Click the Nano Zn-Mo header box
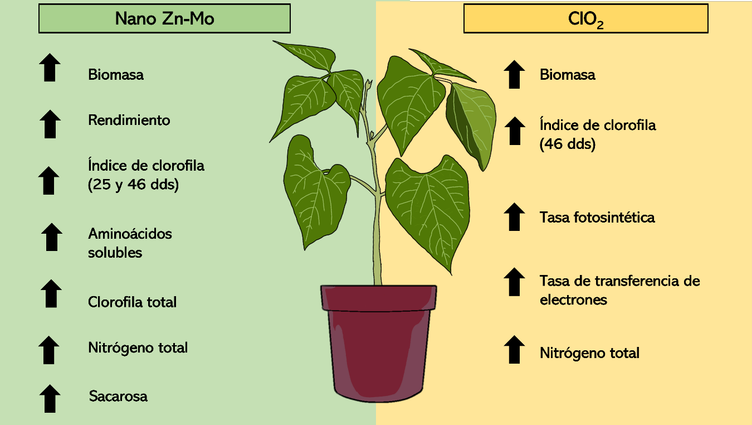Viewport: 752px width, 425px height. point(164,18)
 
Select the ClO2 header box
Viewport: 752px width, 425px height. point(586,18)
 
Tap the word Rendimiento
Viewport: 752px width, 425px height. point(129,120)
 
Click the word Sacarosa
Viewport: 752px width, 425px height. point(118,397)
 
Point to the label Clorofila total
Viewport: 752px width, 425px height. point(132,302)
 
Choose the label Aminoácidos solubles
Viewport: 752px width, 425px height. point(130,243)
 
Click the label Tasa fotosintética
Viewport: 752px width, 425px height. point(597,217)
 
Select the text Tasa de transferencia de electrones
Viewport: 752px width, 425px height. point(620,290)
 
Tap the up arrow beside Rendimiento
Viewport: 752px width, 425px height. point(50,124)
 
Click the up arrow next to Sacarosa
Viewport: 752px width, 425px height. point(50,398)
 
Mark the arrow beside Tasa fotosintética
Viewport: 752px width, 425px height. point(514,217)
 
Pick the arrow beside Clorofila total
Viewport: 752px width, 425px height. point(51,293)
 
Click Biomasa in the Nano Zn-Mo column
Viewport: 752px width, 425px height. point(116,75)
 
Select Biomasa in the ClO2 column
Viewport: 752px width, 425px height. point(568,75)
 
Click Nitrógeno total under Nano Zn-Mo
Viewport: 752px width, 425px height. point(138,348)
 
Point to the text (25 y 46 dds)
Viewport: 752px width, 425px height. point(133,185)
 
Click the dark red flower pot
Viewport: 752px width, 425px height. point(379,343)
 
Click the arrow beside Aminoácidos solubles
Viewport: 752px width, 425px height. point(52,237)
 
